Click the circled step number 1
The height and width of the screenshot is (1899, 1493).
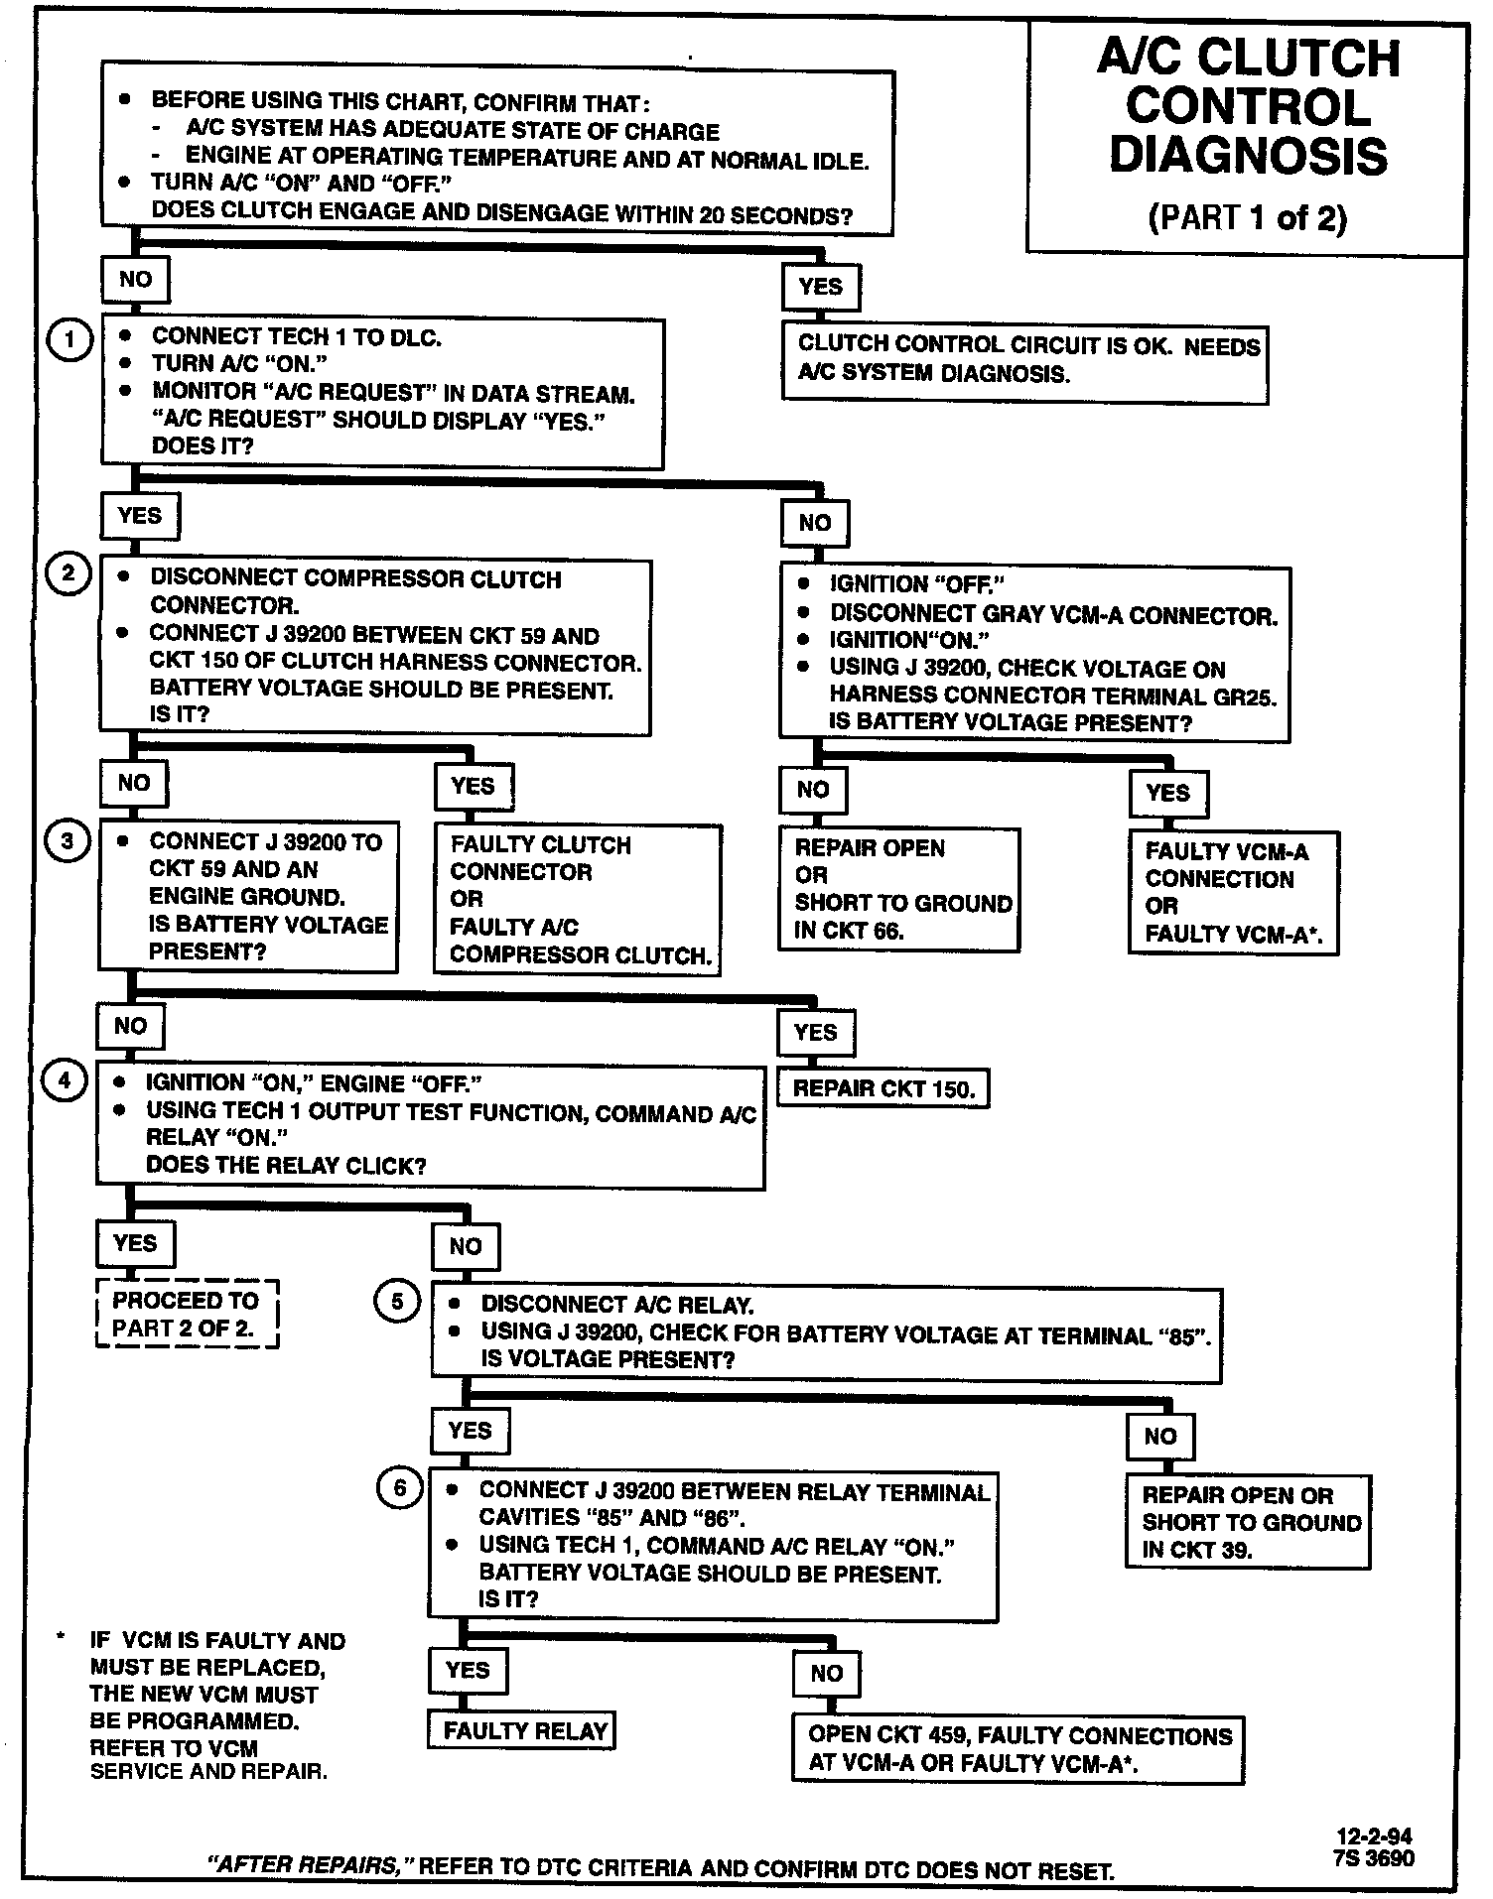tap(69, 340)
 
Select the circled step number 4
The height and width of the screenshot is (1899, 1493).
tap(65, 1079)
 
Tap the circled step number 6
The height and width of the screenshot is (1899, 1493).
tap(399, 1488)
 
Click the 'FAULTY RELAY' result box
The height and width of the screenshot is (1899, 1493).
tap(524, 1731)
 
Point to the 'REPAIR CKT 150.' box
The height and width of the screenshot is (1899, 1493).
tap(883, 1089)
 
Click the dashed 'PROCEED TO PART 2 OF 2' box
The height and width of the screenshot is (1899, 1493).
tap(186, 1314)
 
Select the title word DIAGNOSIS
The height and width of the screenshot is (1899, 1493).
tap(1248, 157)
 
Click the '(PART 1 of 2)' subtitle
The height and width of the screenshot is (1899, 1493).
tap(1248, 218)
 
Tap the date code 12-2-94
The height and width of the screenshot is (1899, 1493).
tap(1373, 1836)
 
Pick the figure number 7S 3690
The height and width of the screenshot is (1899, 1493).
tap(1374, 1858)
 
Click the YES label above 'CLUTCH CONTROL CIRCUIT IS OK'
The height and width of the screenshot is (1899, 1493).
tap(820, 288)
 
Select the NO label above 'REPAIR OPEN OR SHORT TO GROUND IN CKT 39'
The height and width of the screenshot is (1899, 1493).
tap(1159, 1436)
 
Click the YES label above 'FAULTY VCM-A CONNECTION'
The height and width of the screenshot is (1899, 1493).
tap(1167, 793)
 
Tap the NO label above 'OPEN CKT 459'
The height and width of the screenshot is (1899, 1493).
tap(826, 1674)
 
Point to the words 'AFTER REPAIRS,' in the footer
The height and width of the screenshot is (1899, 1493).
tap(303, 1865)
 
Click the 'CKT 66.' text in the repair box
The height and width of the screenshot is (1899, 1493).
tap(849, 931)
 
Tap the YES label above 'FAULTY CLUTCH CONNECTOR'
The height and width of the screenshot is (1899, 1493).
tap(473, 787)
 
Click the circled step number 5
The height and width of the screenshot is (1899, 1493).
tap(397, 1301)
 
